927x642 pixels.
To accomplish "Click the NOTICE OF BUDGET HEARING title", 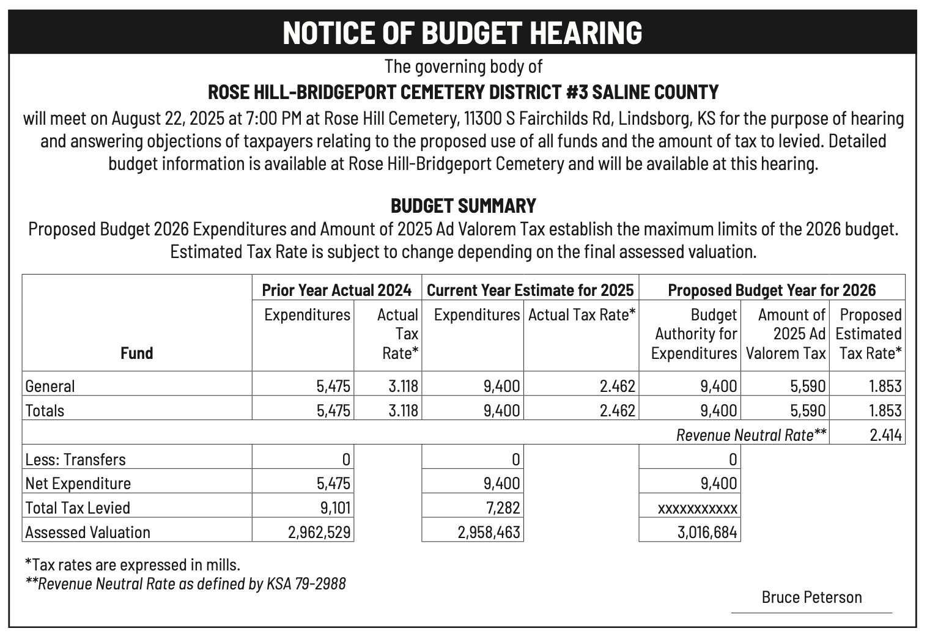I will pos(463,32).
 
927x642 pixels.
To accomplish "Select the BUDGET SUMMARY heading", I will pos(463,205).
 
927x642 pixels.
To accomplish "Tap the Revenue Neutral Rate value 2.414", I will pos(885,435).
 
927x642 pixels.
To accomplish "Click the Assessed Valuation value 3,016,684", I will pos(707,532).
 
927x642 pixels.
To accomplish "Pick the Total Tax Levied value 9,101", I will pos(334,507).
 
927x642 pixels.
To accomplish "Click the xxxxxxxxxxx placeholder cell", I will pos(697,508).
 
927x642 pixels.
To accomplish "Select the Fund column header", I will pos(136,353).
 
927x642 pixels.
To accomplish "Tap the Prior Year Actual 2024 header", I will pos(336,290).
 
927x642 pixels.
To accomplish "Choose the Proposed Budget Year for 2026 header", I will pos(772,290).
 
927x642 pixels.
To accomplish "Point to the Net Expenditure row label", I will pos(78,484).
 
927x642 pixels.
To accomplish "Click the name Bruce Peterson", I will pos(811,597).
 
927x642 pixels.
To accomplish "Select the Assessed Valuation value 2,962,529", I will pos(320,532).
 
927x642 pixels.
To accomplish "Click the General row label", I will pos(50,386).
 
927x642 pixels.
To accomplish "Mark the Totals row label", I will pos(45,410).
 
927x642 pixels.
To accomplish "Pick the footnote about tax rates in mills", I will pos(132,564).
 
